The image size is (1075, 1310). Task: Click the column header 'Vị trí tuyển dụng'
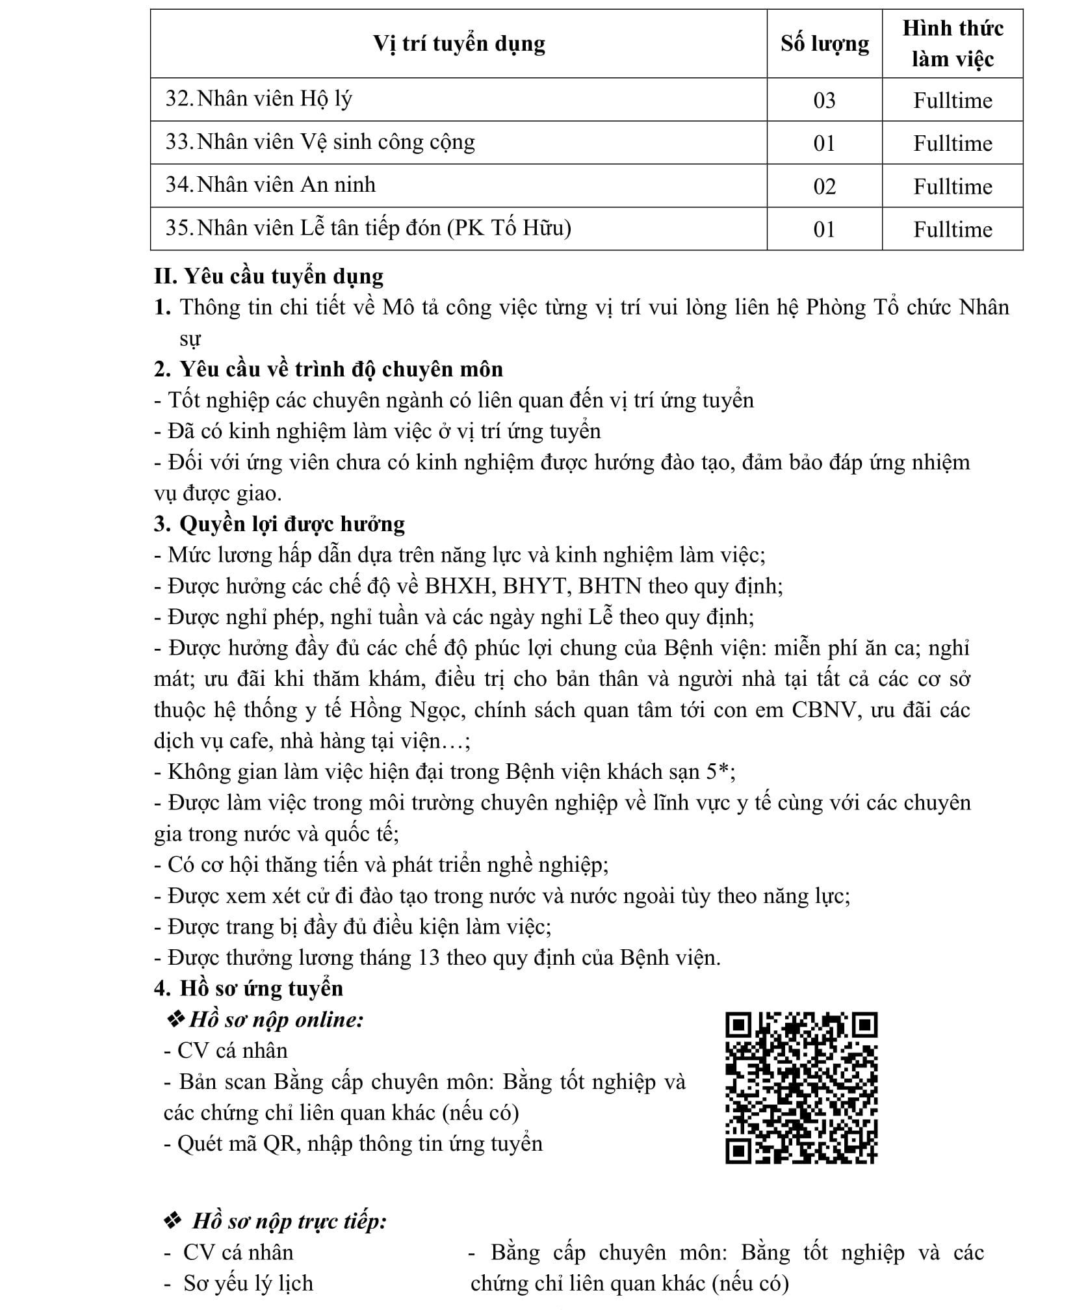point(458,44)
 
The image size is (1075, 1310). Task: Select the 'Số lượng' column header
point(824,44)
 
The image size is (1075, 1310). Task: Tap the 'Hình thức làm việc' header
point(952,44)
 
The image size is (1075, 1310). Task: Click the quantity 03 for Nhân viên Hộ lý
point(824,100)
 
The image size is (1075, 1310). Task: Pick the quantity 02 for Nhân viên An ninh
point(824,187)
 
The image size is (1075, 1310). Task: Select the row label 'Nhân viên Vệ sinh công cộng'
point(335,142)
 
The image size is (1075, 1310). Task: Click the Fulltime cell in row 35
point(952,229)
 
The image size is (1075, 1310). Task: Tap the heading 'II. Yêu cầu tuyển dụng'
point(268,276)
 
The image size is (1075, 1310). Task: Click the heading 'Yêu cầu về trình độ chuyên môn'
point(341,369)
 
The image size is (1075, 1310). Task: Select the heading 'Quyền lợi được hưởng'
point(292,524)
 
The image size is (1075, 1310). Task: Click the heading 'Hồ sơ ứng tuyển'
point(261,989)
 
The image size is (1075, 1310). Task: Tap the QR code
point(801,1088)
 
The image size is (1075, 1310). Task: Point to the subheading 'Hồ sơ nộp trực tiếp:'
point(289,1222)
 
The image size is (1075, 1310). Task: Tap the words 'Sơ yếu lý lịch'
point(248,1283)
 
